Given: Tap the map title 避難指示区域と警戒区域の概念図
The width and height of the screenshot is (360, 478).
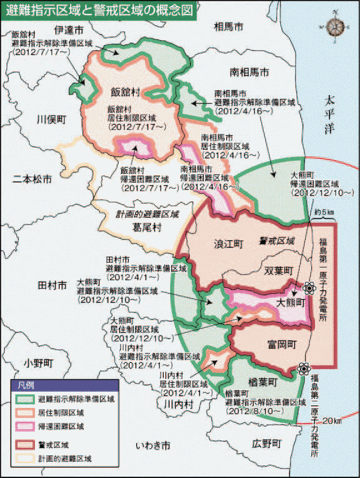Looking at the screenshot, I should [101, 11].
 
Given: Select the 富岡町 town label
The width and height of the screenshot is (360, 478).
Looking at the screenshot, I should [280, 344].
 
